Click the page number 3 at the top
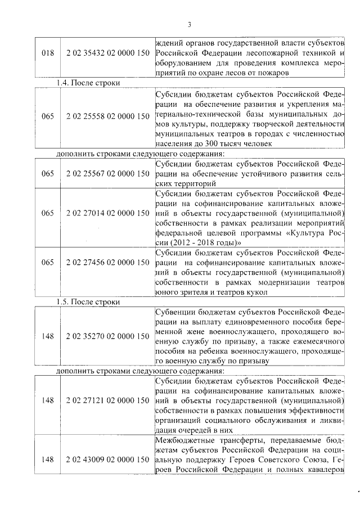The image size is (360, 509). pyautogui.click(x=190, y=24)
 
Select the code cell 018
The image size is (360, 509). pyautogui.click(x=48, y=53)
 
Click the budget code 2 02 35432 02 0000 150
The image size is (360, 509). pyautogui.click(x=107, y=53)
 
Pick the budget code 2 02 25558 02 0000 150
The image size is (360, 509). pyautogui.click(x=107, y=116)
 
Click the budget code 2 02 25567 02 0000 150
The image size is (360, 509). pyautogui.click(x=107, y=174)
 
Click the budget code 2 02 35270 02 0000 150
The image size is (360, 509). pyautogui.click(x=107, y=336)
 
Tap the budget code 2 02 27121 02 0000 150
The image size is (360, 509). pyautogui.click(x=107, y=400)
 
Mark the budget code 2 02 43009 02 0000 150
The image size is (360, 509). pyautogui.click(x=107, y=460)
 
